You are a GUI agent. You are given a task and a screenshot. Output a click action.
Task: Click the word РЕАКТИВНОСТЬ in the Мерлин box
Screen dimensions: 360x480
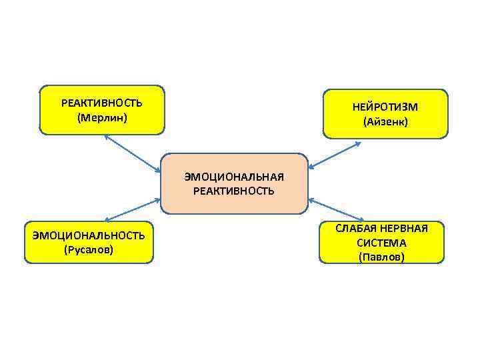101,103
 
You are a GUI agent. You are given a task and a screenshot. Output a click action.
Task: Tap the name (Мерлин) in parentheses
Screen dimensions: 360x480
101,118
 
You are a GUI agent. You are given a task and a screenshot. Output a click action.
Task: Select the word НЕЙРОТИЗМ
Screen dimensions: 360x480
385,107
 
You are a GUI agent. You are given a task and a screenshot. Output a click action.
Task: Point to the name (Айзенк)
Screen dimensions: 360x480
385,122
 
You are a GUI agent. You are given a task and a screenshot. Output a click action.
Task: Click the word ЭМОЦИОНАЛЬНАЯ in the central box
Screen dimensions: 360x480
234,177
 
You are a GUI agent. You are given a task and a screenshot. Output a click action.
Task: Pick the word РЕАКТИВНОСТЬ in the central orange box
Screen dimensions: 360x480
234,191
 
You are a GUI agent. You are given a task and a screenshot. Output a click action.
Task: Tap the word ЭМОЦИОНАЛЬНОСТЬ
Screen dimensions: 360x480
89,235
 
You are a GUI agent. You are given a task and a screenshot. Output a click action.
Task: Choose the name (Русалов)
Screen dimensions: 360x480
89,249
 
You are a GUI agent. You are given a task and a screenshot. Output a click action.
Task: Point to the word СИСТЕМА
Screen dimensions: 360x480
381,243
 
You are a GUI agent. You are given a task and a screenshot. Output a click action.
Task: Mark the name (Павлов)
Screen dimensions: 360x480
381,257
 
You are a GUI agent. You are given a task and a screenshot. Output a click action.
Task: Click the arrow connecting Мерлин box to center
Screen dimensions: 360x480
132,153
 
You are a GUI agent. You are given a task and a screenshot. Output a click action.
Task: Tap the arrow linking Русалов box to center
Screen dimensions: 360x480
132,209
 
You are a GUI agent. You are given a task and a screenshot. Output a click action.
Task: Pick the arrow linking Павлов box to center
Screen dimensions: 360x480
336,209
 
